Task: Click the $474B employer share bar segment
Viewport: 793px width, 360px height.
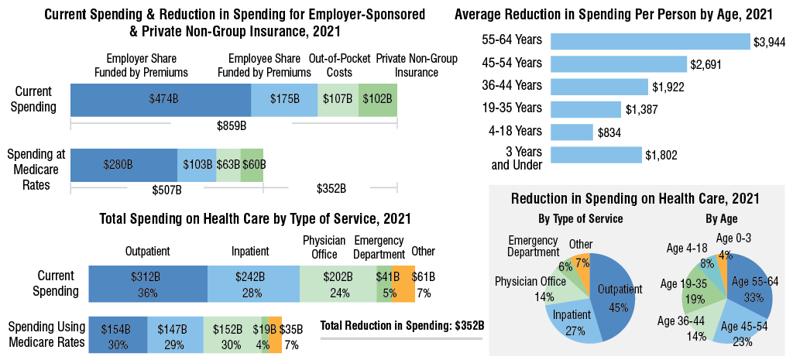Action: [x=160, y=100]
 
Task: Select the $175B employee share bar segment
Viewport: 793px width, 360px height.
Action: [x=284, y=100]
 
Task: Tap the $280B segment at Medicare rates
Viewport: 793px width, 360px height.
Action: [x=124, y=165]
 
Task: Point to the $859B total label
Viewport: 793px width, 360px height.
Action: [x=231, y=125]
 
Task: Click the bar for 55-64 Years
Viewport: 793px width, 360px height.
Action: [x=650, y=42]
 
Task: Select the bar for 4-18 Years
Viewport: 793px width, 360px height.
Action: [x=572, y=132]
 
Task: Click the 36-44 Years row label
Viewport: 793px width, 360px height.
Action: [x=515, y=87]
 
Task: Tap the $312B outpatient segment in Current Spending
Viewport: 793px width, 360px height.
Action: [x=148, y=283]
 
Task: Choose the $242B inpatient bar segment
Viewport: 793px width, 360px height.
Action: [x=253, y=283]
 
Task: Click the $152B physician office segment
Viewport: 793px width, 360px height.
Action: [x=231, y=335]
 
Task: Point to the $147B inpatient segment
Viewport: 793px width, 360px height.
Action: [x=174, y=335]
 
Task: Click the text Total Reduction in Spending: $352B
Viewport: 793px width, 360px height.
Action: [x=402, y=325]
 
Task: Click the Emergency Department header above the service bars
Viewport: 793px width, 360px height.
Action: [x=379, y=247]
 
